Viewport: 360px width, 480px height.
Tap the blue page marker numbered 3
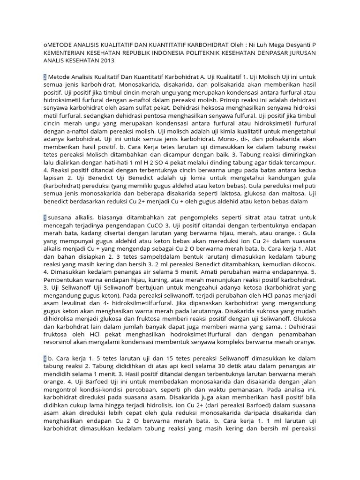[x=45, y=218]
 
